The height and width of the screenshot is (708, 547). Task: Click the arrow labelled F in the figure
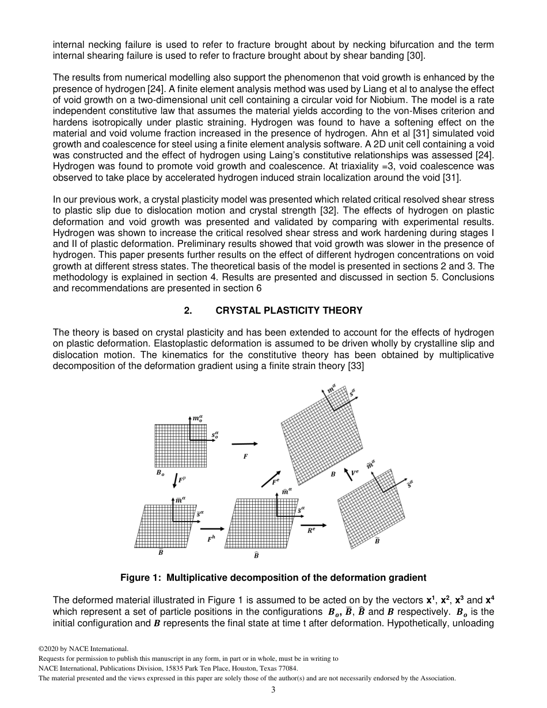[x=244, y=444]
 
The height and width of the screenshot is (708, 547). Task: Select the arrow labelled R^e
[x=314, y=525]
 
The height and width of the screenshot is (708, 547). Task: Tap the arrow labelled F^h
[x=212, y=528]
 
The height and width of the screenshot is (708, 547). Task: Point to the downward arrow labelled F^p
[x=175, y=479]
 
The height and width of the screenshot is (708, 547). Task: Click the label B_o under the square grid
[x=159, y=473]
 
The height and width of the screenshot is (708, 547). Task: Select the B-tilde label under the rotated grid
[x=377, y=541]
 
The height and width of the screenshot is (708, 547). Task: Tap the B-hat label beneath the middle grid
[x=256, y=555]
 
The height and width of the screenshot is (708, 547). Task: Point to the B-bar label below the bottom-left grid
[x=161, y=552]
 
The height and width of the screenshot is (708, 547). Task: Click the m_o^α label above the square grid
[x=197, y=418]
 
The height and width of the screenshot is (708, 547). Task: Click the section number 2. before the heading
[x=188, y=310]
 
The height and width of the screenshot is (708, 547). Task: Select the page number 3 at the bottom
[x=273, y=690]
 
